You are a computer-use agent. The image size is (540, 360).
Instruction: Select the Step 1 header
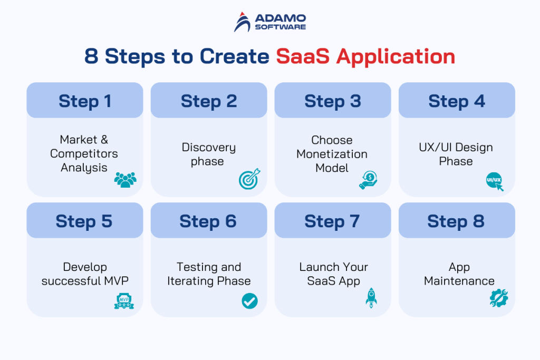click(85, 101)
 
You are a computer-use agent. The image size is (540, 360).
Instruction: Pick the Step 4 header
click(457, 101)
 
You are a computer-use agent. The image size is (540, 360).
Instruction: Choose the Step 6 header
click(208, 221)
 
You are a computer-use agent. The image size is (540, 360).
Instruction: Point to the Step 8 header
click(457, 221)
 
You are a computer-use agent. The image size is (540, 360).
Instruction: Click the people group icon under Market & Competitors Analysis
click(125, 180)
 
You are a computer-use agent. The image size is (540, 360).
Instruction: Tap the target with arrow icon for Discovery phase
click(249, 179)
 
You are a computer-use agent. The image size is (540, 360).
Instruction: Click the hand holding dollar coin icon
click(368, 179)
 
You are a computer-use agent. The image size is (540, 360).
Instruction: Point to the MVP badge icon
click(124, 300)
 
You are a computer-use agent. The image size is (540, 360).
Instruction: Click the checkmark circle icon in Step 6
click(249, 300)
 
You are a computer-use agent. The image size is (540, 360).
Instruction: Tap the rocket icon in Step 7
click(371, 297)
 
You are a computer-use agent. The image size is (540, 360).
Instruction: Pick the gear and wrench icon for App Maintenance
click(498, 298)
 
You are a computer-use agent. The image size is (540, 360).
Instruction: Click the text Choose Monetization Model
click(332, 154)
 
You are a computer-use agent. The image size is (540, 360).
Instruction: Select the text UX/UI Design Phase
click(456, 154)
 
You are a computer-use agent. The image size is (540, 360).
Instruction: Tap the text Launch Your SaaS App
click(333, 274)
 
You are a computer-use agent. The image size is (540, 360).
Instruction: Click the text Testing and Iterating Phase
click(209, 274)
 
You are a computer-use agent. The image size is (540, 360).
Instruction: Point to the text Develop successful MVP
click(85, 274)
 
